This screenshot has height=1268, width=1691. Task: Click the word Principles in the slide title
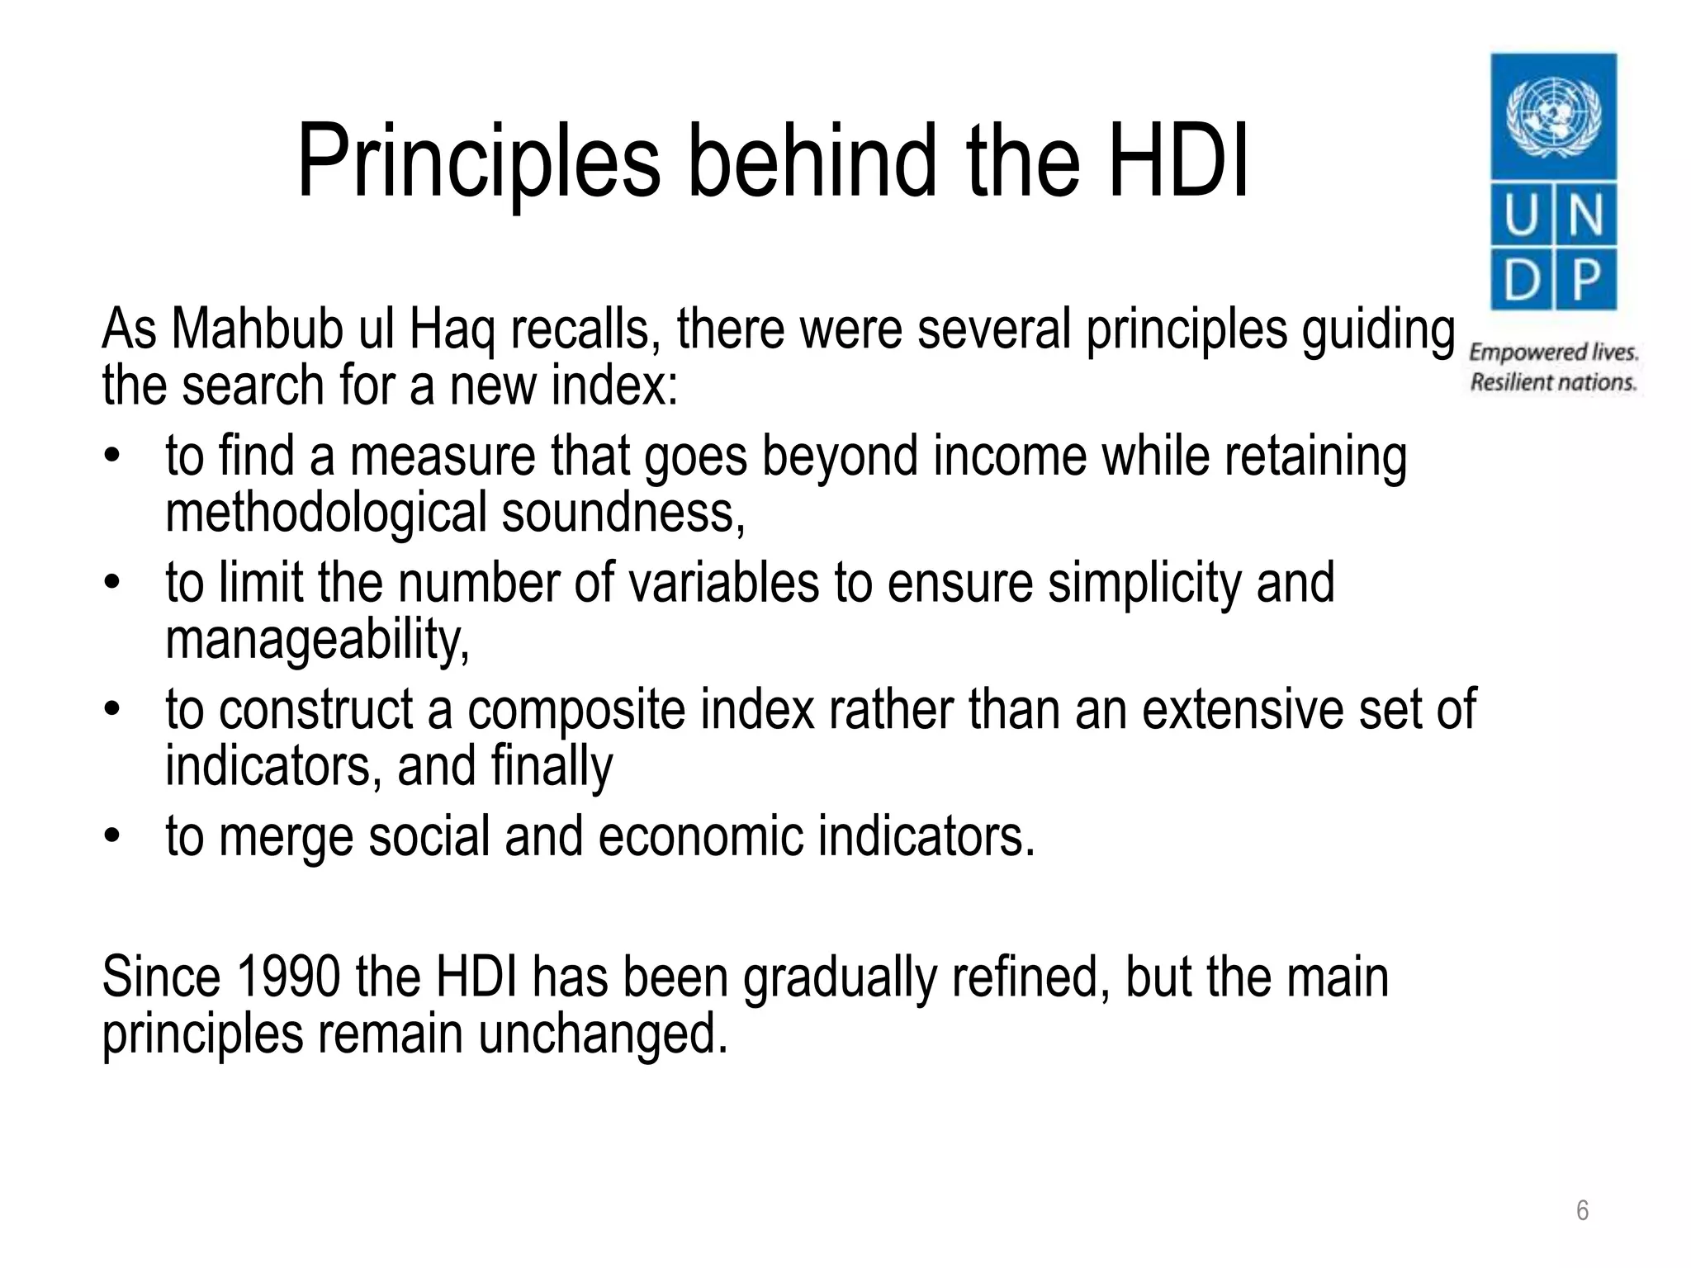(479, 161)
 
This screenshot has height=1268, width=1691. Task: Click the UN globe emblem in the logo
(1553, 116)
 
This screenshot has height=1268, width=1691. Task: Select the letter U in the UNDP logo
(1520, 216)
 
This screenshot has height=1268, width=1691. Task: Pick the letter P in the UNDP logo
(1586, 280)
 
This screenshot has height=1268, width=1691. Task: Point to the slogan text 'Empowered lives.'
(1553, 352)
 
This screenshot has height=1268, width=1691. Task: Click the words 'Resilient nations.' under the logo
(1553, 382)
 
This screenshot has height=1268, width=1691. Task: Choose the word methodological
(326, 513)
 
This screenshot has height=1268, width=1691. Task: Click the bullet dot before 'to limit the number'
(112, 583)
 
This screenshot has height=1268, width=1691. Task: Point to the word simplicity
(1144, 583)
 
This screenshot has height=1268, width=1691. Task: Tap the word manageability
(317, 640)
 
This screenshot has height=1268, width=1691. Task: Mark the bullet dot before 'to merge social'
(112, 836)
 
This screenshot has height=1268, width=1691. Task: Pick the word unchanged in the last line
(603, 1034)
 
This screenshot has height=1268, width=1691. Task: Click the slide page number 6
(1583, 1210)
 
